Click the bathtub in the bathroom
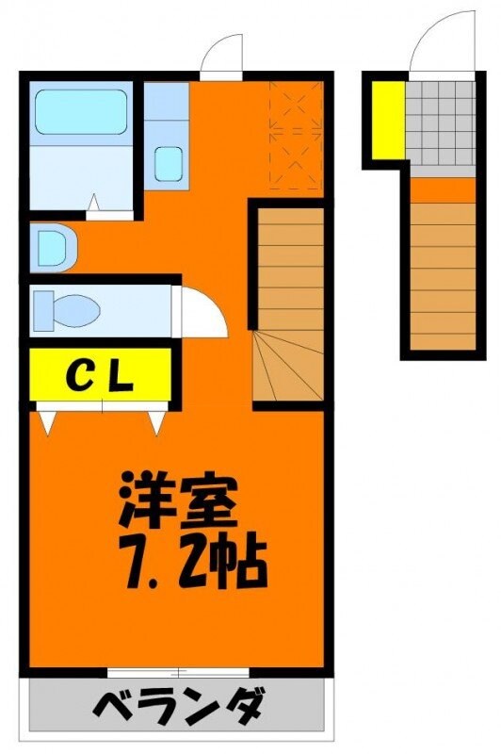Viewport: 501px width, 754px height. click(80, 113)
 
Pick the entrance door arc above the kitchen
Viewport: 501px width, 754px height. click(224, 52)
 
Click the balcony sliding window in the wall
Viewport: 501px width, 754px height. click(178, 672)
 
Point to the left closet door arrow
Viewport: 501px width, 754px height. click(46, 421)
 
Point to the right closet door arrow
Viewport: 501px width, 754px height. click(155, 421)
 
